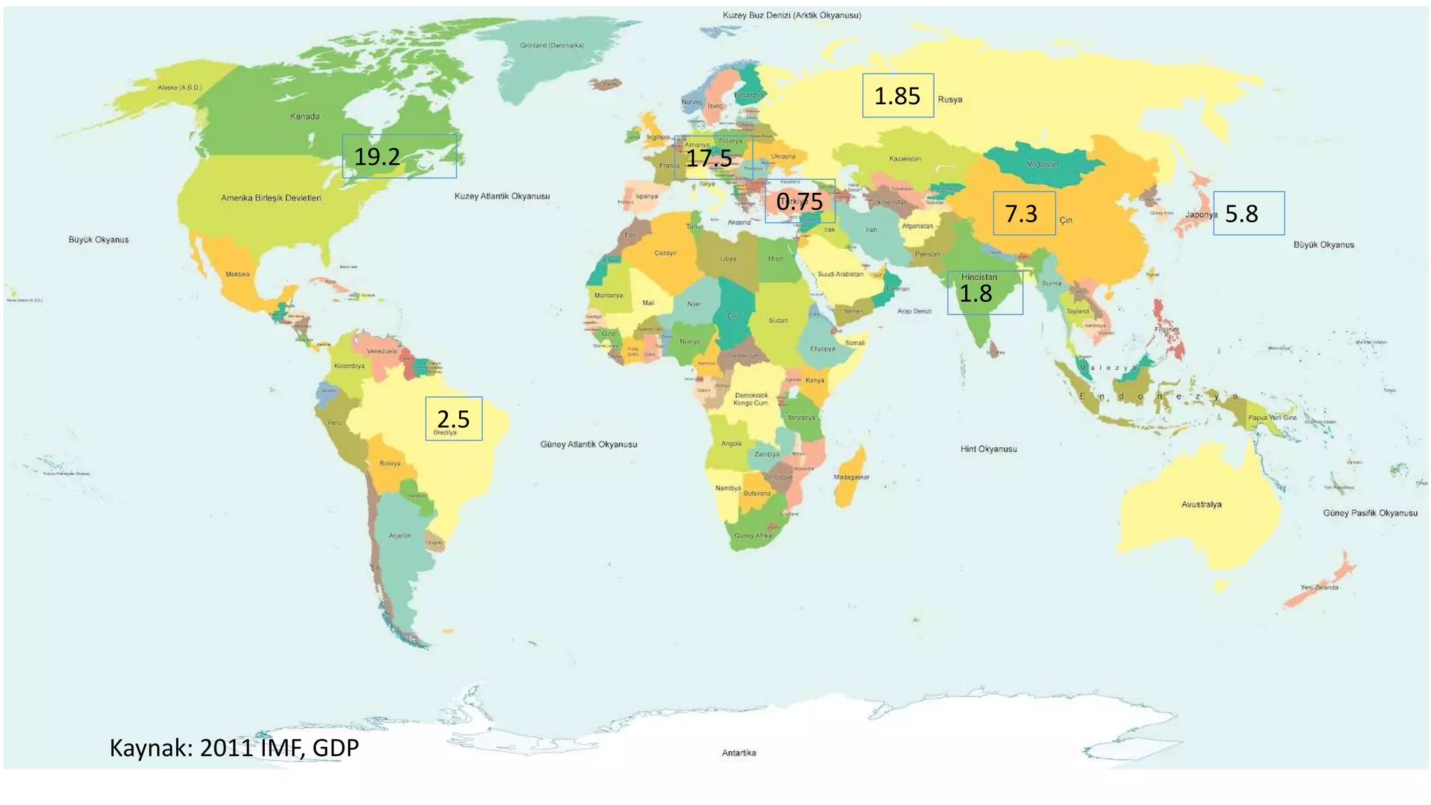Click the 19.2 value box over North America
tap(399, 157)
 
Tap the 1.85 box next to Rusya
tap(898, 96)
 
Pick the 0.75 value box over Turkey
tap(799, 202)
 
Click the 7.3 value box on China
tap(1024, 213)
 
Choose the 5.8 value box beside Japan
tap(1249, 213)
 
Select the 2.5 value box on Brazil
tap(453, 419)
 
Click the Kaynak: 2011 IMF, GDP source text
tap(234, 748)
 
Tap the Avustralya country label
tap(1201, 504)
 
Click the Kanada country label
tap(305, 116)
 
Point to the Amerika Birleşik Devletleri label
tap(271, 198)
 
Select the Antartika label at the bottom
tap(739, 753)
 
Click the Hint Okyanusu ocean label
tap(988, 449)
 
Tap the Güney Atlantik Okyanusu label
tap(588, 444)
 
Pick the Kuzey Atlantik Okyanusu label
tap(502, 196)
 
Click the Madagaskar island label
tap(851, 477)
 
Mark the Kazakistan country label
tap(905, 159)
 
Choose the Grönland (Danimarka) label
tap(552, 45)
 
